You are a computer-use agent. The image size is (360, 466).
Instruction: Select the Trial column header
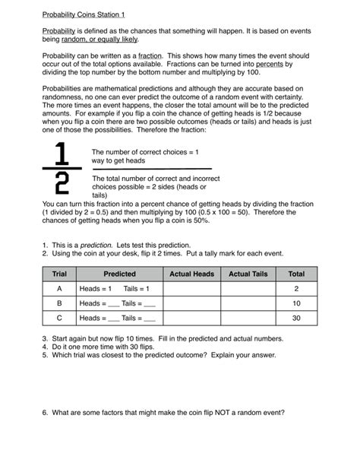(59, 274)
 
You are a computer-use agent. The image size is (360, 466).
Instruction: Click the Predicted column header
(119, 274)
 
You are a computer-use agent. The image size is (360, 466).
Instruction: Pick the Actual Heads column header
(191, 274)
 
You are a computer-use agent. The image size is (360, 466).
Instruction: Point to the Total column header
(296, 274)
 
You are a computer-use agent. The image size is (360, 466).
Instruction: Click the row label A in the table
(59, 289)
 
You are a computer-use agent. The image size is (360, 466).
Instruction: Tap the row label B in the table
(59, 303)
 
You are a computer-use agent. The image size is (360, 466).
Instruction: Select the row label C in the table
(59, 319)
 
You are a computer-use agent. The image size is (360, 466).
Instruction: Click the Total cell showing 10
(296, 303)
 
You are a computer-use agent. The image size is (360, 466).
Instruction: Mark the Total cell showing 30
(296, 319)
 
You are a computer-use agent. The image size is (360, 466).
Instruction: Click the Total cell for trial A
(296, 289)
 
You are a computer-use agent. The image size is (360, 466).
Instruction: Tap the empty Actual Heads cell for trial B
(191, 303)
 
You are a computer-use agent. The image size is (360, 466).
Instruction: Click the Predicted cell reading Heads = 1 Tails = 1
(119, 289)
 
